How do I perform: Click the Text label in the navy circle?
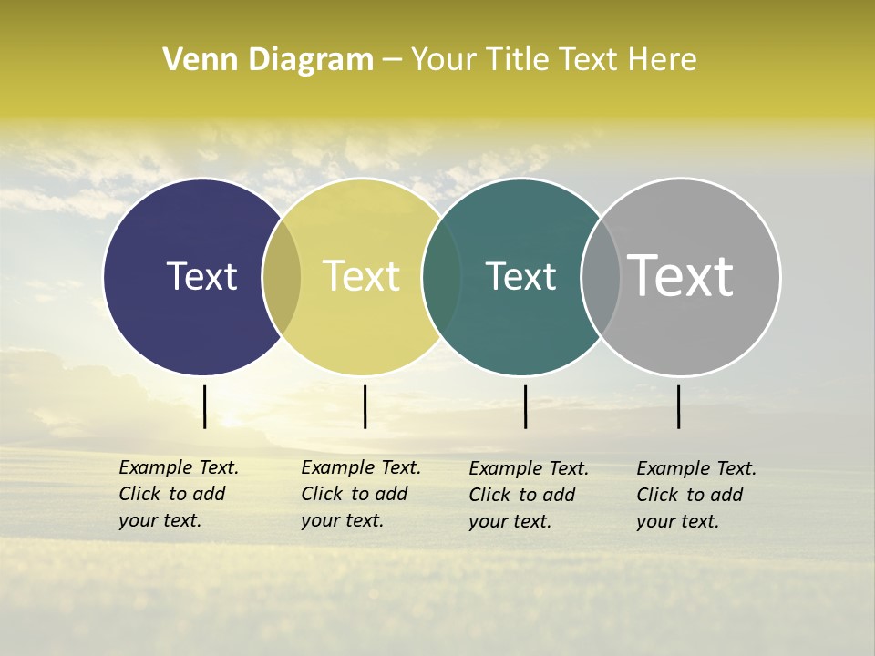pos(201,276)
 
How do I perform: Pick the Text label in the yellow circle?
pos(362,276)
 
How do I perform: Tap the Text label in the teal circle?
pos(520,276)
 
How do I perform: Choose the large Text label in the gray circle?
pos(681,276)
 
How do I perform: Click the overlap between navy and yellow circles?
pos(282,277)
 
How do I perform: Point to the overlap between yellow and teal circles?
pos(441,277)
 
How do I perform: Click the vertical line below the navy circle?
pos(204,406)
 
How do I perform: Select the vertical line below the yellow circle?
pos(365,406)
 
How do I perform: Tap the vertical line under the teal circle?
pos(525,406)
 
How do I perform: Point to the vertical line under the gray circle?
pos(678,406)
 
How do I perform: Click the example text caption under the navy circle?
pos(179,494)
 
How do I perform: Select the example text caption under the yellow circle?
pos(361,494)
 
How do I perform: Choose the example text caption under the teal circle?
pos(529,495)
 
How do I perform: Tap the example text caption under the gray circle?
pos(696,495)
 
